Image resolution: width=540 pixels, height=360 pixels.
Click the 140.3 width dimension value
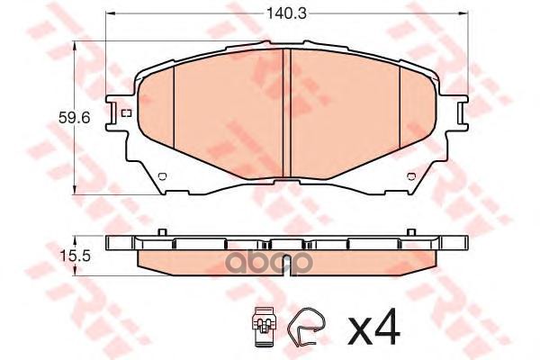tap(287, 14)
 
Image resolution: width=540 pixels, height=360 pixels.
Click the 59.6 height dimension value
tap(74, 118)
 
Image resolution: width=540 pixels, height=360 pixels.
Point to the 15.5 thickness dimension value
tap(74, 256)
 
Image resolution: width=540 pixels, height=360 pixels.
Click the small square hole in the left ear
tap(127, 112)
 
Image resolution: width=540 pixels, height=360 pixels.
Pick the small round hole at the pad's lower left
tap(162, 176)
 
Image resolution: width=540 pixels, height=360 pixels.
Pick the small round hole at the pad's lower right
tap(411, 176)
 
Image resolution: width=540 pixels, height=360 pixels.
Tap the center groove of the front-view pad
tap(286, 113)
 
